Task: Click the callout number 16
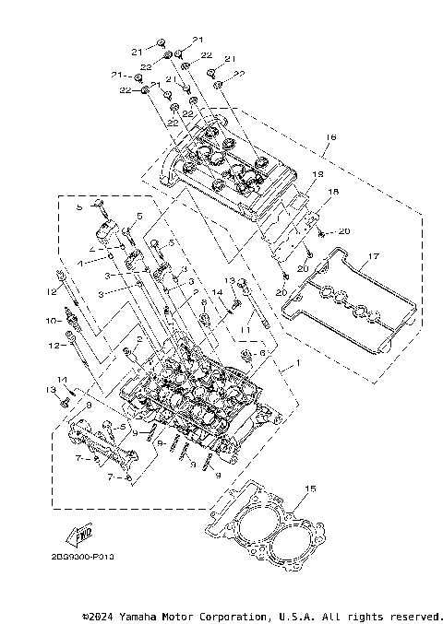click(x=331, y=137)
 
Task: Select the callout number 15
click(x=310, y=489)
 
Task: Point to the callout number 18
click(x=334, y=191)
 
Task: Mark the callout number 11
click(x=246, y=327)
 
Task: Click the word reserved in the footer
click(x=415, y=615)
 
